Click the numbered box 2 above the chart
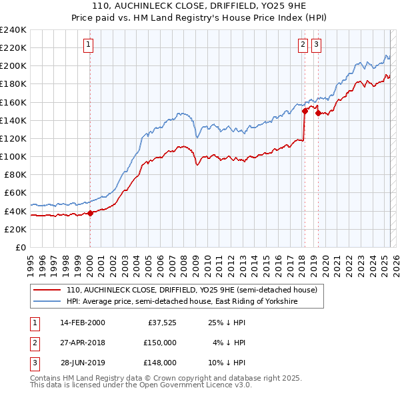303,45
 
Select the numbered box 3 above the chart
316,45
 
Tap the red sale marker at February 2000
90,213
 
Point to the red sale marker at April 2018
305,112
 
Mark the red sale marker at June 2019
318,114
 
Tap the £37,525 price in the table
161,323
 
